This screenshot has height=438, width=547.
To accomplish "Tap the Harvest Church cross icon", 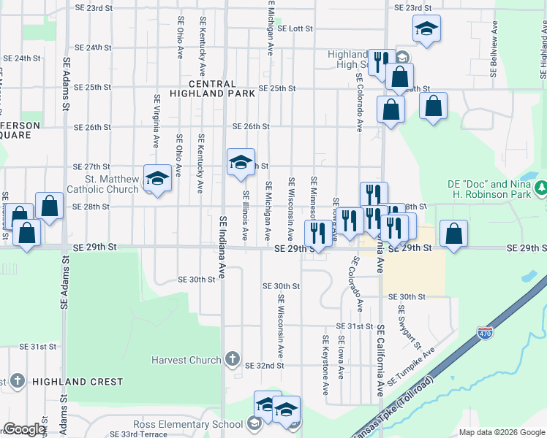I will (232, 359).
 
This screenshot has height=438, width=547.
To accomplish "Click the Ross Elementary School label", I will (188, 424).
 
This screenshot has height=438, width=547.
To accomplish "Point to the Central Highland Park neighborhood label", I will (212, 89).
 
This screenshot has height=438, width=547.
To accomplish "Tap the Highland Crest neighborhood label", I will (76, 382).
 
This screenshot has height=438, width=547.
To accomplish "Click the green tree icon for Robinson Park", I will (541, 189).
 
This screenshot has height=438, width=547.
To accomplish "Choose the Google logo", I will (24, 429).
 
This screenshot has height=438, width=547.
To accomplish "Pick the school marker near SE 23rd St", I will (426, 29).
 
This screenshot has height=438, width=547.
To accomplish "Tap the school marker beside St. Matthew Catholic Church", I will (156, 178).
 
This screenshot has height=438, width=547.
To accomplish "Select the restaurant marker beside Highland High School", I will (380, 61).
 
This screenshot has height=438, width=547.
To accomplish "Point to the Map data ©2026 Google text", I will (501, 432).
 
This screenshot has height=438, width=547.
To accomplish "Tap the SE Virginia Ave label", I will (156, 120).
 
